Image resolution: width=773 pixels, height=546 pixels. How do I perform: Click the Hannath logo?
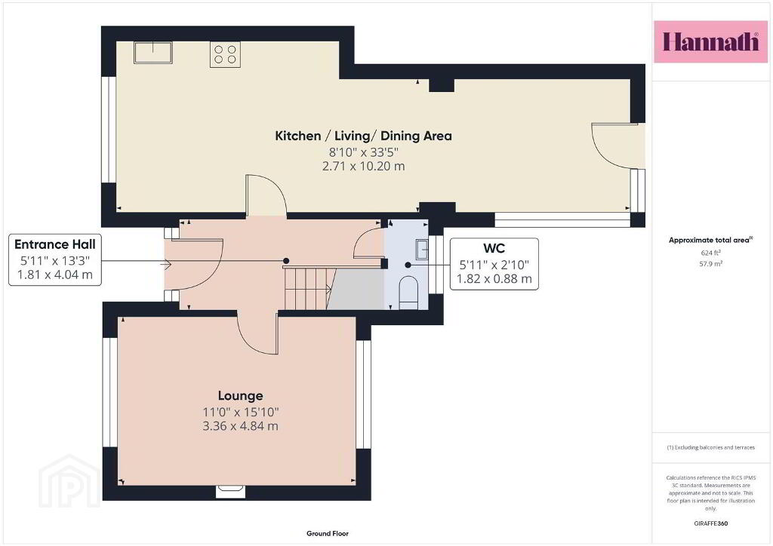710,41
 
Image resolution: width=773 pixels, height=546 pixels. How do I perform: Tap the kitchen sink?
153,53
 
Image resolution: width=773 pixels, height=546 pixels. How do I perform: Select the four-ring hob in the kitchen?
225,54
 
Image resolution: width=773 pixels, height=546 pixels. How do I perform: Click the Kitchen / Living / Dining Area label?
363,136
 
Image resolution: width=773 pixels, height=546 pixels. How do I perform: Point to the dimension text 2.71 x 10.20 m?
363,167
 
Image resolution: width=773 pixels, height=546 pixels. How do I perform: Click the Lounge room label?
241,396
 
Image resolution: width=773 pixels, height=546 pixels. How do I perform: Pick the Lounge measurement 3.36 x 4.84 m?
241,426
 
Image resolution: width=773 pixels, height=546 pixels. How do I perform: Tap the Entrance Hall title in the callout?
54,244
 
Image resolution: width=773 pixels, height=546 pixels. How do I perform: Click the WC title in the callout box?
494,248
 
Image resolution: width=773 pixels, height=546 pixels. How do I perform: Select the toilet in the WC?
408,293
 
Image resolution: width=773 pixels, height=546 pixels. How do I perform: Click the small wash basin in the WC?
423,249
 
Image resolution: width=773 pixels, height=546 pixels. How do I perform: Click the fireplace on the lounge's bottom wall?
230,491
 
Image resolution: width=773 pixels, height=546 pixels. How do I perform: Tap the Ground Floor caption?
328,534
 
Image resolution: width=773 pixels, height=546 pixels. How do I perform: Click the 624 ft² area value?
710,253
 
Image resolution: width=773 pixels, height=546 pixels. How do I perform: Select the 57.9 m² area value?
710,264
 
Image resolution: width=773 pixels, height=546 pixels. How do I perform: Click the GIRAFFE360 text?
710,523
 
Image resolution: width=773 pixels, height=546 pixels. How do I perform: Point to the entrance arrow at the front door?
165,265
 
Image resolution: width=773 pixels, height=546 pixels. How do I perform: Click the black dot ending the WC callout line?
408,265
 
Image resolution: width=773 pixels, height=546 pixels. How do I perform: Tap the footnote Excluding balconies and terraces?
710,447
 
